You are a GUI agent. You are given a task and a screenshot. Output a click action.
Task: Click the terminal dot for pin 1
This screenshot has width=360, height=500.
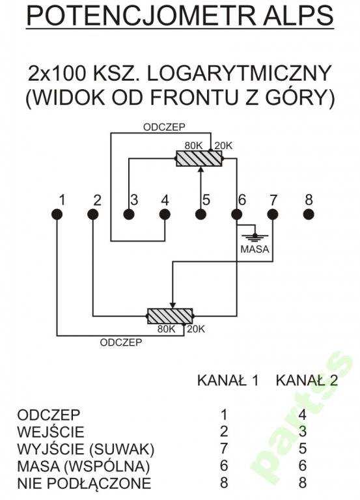57,214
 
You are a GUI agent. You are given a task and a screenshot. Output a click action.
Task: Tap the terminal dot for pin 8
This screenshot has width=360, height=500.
309,214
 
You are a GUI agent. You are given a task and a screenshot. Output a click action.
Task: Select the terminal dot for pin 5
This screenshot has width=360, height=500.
201,214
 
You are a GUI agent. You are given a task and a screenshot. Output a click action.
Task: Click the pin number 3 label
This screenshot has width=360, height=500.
134,200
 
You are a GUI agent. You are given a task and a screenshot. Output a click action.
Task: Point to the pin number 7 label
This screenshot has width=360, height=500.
273,201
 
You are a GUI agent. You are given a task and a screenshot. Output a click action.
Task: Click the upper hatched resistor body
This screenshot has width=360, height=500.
199,158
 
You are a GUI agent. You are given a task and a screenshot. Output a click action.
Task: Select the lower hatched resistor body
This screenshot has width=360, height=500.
170,316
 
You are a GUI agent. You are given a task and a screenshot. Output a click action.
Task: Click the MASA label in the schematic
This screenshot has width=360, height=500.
255,249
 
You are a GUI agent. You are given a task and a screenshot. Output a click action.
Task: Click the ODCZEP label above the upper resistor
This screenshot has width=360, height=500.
164,127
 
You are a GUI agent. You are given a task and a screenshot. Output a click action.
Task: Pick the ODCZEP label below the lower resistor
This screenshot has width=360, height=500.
121,342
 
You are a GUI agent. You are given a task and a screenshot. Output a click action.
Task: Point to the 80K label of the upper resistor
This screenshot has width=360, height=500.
193,146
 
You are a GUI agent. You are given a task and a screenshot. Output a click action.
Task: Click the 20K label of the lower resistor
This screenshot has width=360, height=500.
196,329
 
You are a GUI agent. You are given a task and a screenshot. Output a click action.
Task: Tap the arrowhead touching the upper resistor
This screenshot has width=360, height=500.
201,169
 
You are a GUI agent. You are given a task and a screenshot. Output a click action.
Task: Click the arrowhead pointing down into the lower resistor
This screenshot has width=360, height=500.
172,305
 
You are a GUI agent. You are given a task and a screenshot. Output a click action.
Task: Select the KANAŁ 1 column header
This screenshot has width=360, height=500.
228,381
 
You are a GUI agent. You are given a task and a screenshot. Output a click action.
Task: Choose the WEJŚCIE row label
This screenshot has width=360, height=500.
50,432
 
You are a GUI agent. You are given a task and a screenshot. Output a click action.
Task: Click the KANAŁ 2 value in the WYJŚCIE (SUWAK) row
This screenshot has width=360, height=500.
302,449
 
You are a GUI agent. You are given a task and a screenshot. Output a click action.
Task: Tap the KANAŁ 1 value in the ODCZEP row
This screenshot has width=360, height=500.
224,415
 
